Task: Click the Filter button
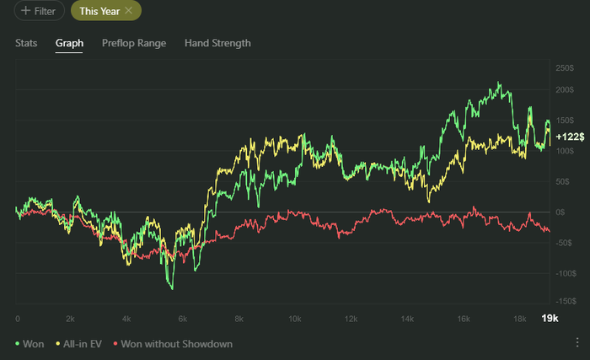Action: pyautogui.click(x=40, y=11)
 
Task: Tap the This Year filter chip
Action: pyautogui.click(x=99, y=11)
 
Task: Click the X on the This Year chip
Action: pyautogui.click(x=128, y=10)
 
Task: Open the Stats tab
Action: pyautogui.click(x=26, y=43)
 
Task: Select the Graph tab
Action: pyautogui.click(x=69, y=43)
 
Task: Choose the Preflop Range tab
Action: pyautogui.click(x=134, y=43)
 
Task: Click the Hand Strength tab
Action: pyautogui.click(x=217, y=43)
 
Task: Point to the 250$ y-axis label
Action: pyautogui.click(x=565, y=67)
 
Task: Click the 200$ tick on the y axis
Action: pyautogui.click(x=565, y=89)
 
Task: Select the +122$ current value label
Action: pyautogui.click(x=568, y=137)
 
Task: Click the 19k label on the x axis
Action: pyautogui.click(x=549, y=318)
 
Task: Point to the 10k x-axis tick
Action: pyautogui.click(x=294, y=319)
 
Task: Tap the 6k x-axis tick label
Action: pyautogui.click(x=182, y=319)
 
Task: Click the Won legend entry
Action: pyautogui.click(x=29, y=344)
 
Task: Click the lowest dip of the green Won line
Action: pyautogui.click(x=172, y=288)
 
